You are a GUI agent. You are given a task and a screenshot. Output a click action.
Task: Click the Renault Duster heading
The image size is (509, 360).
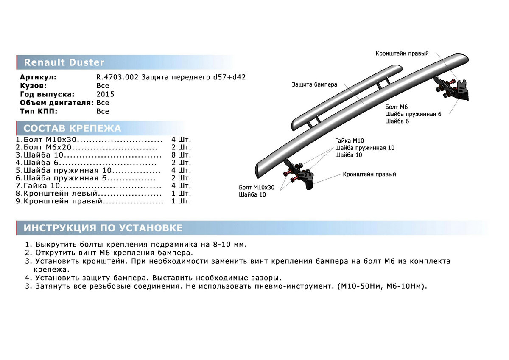(x=64, y=63)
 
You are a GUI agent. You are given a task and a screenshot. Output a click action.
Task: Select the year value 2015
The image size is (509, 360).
(x=105, y=94)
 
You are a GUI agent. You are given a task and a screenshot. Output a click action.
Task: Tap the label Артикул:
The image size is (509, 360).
(x=38, y=77)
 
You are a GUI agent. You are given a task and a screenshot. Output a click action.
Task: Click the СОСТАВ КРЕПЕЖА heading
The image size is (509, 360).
(x=72, y=129)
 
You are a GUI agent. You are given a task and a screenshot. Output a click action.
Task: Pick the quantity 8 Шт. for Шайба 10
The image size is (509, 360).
(x=181, y=155)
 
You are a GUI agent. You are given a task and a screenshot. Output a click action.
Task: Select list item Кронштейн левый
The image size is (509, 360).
(x=59, y=193)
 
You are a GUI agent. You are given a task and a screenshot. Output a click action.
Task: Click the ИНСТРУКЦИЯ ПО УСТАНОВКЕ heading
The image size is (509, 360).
(x=103, y=228)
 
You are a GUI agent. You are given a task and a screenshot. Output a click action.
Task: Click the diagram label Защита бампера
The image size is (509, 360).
(x=314, y=84)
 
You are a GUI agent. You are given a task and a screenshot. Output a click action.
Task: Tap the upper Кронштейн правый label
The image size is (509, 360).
(x=402, y=53)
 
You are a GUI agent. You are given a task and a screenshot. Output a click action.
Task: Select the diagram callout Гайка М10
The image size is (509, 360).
(x=349, y=141)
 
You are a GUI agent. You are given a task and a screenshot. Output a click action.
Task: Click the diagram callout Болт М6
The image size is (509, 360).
(x=396, y=107)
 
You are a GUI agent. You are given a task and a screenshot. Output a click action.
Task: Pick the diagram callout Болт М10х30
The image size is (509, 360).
(x=257, y=187)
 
